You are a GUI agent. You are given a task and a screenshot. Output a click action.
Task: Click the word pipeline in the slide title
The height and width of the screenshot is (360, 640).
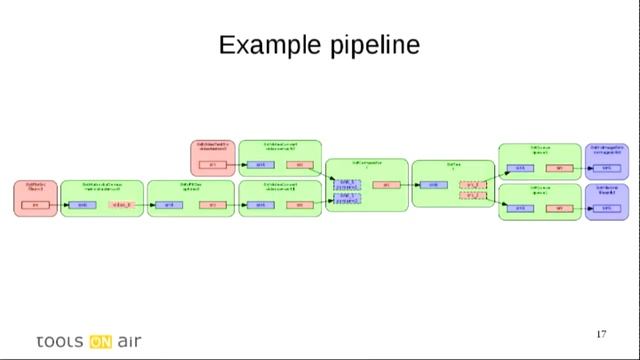(374, 47)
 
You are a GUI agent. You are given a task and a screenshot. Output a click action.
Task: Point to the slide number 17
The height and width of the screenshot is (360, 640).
(601, 334)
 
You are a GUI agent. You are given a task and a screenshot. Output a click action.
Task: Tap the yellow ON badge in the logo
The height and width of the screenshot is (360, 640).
(100, 340)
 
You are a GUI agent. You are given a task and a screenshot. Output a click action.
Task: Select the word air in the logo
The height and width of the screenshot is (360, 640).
(129, 340)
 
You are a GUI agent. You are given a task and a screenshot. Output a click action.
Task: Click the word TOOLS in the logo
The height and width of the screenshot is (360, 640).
(60, 340)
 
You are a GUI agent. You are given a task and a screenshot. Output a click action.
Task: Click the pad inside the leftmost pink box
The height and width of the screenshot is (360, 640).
(36, 205)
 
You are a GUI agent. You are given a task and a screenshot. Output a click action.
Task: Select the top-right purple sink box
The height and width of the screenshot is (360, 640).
(606, 161)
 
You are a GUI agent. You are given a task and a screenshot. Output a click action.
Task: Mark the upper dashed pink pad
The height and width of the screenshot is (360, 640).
(472, 185)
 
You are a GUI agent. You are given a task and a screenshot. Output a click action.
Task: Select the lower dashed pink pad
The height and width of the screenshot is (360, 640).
(472, 195)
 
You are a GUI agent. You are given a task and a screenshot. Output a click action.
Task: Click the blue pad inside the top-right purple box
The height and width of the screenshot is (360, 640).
(606, 168)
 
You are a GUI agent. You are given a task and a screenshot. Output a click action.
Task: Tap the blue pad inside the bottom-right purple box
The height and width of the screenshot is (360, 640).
(606, 208)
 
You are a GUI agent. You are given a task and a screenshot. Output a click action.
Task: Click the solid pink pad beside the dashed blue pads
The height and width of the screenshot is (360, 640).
(386, 185)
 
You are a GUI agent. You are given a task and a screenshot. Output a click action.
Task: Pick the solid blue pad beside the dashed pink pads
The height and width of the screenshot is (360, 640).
(433, 185)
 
